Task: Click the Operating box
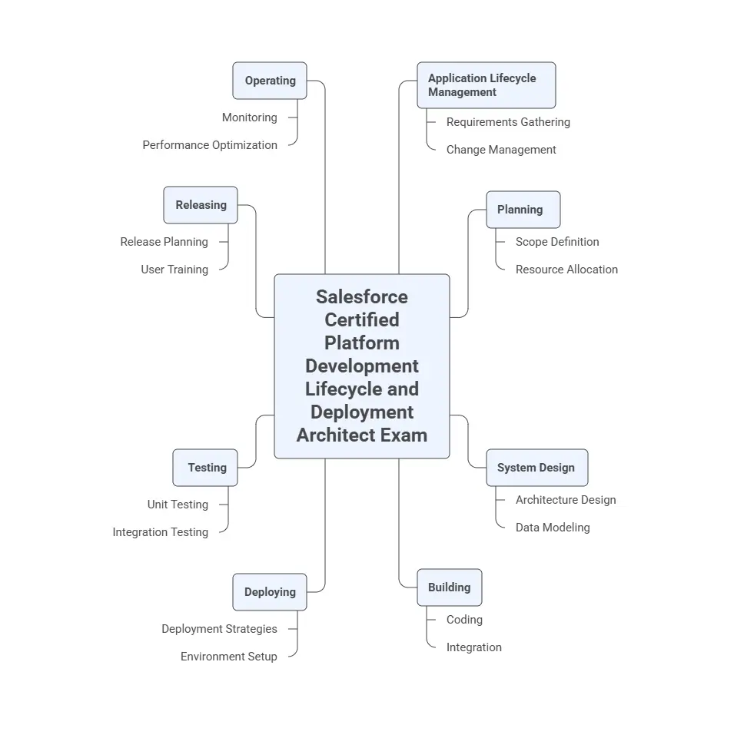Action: [x=270, y=81]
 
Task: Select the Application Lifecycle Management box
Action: [x=487, y=85]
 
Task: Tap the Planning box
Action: [x=523, y=210]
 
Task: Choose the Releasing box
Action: [x=201, y=205]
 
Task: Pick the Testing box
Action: [x=205, y=468]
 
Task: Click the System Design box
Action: [x=537, y=468]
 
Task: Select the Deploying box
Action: [x=270, y=591]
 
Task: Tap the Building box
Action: [x=450, y=587]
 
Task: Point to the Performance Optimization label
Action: [x=210, y=145]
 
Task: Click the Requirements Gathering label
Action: [x=508, y=122]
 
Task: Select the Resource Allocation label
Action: [x=566, y=270]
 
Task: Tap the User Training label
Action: [x=174, y=270]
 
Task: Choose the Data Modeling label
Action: [x=553, y=527]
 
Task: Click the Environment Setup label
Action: [x=228, y=656]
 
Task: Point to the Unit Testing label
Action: [x=178, y=504]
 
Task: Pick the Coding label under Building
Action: [x=464, y=620]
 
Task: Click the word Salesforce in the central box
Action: [x=362, y=297]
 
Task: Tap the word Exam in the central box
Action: [x=404, y=435]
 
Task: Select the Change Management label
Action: [x=501, y=150]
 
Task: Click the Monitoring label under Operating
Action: [x=249, y=117]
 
